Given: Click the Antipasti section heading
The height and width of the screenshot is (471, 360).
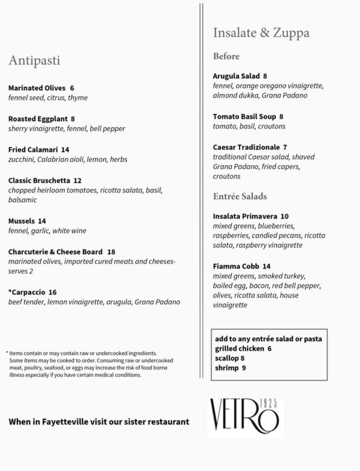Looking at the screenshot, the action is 34,61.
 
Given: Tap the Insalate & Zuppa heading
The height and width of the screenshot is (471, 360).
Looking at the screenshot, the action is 261,33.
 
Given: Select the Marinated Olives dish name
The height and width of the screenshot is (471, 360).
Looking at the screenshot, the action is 37,88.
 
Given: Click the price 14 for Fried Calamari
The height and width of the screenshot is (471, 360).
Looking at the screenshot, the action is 65,150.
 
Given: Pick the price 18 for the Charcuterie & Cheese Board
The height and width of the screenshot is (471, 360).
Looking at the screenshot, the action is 111,251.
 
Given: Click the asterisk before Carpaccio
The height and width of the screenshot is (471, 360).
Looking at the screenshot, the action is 10,291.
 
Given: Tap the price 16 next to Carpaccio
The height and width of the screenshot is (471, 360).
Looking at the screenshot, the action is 53,292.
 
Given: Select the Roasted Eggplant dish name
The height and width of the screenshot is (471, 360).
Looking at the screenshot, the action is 38,119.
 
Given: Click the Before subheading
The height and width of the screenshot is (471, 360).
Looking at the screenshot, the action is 226,56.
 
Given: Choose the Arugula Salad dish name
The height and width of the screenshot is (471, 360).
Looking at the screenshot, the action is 236,76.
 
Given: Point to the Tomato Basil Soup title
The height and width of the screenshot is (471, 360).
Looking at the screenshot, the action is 244,116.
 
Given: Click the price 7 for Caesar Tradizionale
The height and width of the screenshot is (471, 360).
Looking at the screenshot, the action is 285,147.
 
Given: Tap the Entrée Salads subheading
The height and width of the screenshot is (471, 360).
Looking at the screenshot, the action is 240,196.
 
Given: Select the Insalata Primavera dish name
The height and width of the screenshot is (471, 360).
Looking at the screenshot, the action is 245,216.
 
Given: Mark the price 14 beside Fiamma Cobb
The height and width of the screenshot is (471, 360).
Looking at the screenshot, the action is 267,266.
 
